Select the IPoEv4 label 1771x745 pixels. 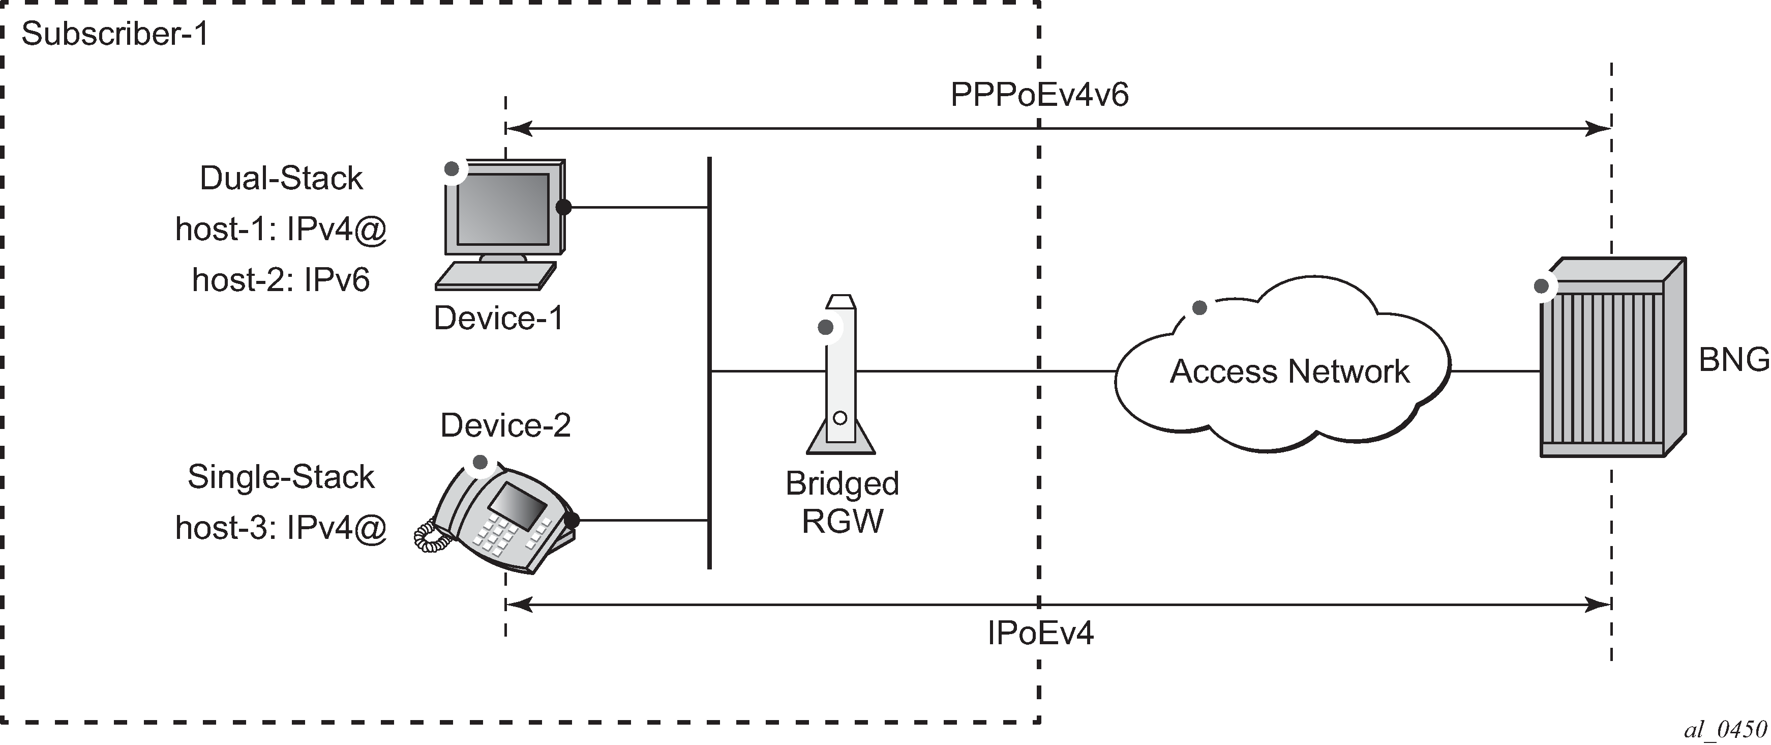(1039, 633)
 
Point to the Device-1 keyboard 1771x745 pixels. (495, 276)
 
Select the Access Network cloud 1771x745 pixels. (1283, 371)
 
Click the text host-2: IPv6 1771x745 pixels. (281, 280)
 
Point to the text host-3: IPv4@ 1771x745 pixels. (281, 528)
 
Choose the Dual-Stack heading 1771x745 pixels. (281, 178)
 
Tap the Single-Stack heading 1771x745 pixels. (281, 477)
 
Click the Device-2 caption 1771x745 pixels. (505, 426)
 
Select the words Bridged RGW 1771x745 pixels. (842, 502)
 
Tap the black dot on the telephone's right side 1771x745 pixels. (572, 521)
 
